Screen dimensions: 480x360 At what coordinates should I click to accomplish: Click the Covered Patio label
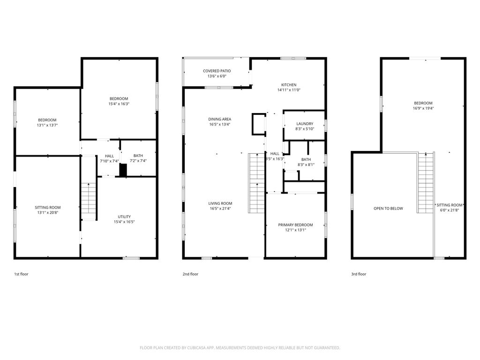217,71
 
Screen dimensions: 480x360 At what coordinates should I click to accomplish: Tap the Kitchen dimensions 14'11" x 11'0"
289,90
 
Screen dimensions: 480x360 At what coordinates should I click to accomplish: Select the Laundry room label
305,124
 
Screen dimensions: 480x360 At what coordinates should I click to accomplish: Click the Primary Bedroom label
295,225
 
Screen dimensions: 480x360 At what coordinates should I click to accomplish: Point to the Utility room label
124,217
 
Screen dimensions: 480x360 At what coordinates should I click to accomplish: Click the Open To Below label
388,209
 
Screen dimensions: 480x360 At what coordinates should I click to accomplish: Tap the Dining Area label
220,119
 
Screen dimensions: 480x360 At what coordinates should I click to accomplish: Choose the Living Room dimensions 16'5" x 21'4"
220,209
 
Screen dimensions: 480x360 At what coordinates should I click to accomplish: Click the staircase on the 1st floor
89,198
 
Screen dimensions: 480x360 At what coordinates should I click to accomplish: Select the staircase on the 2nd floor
256,183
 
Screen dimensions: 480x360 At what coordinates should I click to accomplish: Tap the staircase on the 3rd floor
426,183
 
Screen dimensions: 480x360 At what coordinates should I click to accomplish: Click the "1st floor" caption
21,274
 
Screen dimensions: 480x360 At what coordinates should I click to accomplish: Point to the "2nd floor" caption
190,274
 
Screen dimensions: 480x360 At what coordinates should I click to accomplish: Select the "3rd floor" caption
359,274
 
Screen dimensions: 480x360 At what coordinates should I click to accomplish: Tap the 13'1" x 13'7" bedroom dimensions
47,125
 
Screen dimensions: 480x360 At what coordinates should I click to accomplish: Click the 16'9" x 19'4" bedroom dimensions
423,108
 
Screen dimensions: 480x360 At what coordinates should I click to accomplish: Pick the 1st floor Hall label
109,156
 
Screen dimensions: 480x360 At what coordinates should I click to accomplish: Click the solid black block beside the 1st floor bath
123,170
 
